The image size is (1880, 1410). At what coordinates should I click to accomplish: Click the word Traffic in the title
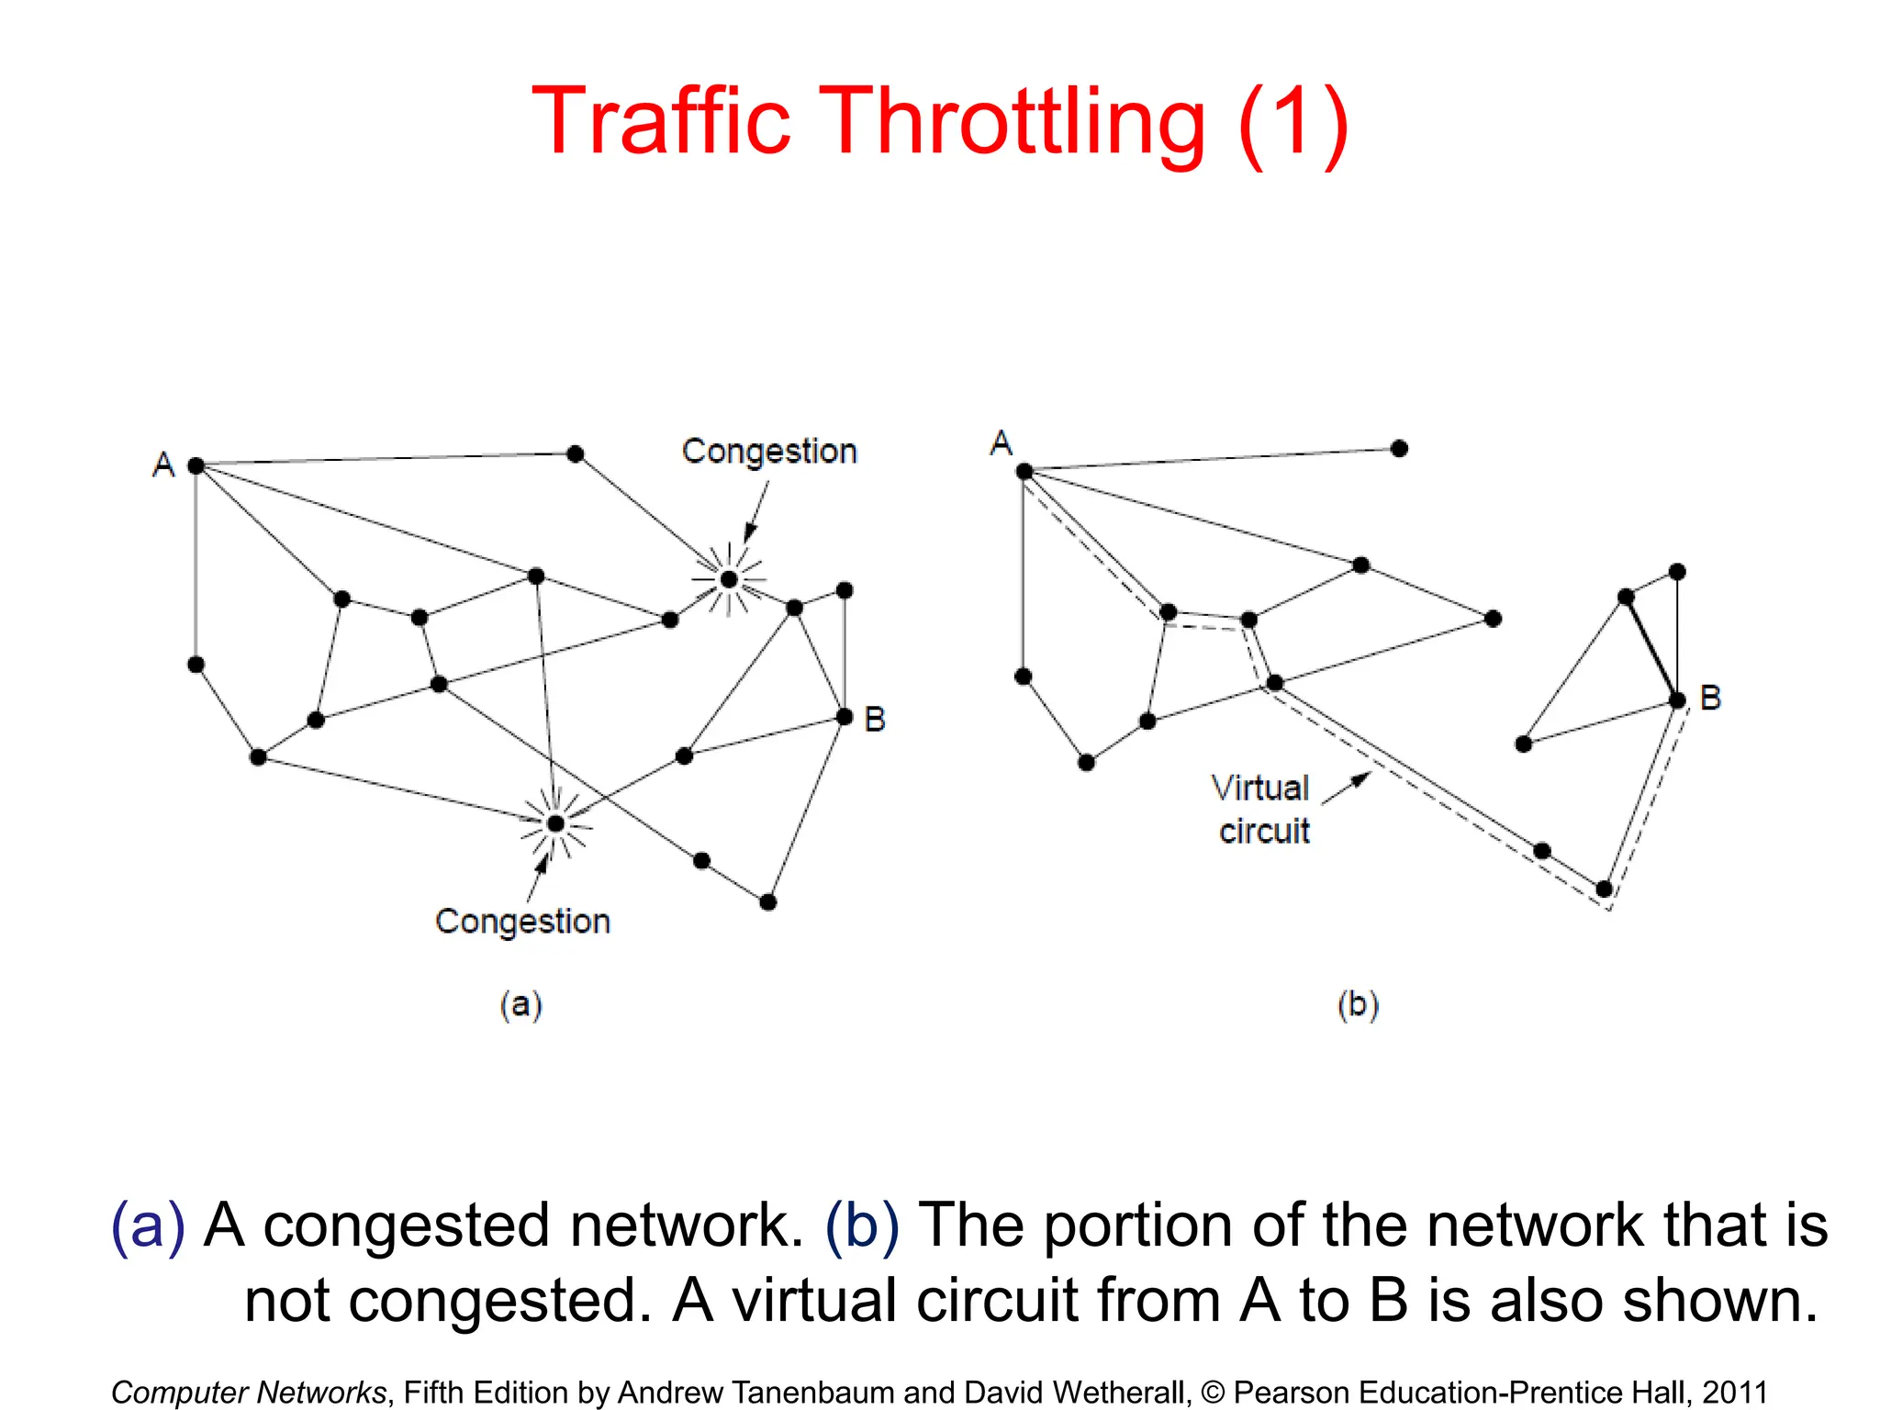(x=660, y=121)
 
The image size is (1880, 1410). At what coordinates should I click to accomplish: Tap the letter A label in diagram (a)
(x=163, y=464)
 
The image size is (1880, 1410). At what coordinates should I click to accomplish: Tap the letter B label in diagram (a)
(x=875, y=719)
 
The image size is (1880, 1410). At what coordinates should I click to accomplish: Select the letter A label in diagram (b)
(x=1001, y=443)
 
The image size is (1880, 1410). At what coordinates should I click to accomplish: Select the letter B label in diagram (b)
(x=1710, y=698)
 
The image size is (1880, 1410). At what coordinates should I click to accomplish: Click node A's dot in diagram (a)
(x=196, y=466)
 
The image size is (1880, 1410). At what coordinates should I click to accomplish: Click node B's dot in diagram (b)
(x=1677, y=700)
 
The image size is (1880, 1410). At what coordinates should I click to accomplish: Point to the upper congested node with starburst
(x=729, y=579)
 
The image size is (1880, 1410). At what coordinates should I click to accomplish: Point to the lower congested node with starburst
(x=555, y=823)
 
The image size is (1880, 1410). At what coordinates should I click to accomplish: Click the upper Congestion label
(x=769, y=452)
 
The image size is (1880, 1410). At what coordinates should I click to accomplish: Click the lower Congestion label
(x=522, y=922)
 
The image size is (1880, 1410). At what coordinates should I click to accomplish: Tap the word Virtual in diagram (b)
(x=1259, y=788)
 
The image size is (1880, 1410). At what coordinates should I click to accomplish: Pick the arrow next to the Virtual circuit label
(x=1347, y=789)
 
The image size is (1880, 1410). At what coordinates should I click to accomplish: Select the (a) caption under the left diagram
(x=520, y=1004)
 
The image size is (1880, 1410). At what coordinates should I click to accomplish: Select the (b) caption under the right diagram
(x=1358, y=1005)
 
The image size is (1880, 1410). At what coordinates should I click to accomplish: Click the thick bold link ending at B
(x=1651, y=648)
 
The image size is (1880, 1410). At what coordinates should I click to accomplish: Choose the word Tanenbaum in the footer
(x=809, y=1392)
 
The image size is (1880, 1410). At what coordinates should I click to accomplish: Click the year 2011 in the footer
(x=1735, y=1392)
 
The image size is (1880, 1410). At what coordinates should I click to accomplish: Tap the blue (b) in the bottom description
(x=862, y=1225)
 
